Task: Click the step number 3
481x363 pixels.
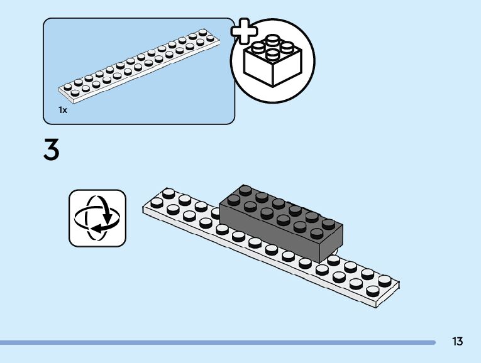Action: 52,151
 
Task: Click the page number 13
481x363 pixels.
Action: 457,342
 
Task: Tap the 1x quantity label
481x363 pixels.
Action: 62,110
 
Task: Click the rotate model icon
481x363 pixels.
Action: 97,218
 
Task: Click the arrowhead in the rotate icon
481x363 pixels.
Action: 106,220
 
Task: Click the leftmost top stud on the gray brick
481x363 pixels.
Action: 234,200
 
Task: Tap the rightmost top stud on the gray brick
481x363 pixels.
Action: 328,223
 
